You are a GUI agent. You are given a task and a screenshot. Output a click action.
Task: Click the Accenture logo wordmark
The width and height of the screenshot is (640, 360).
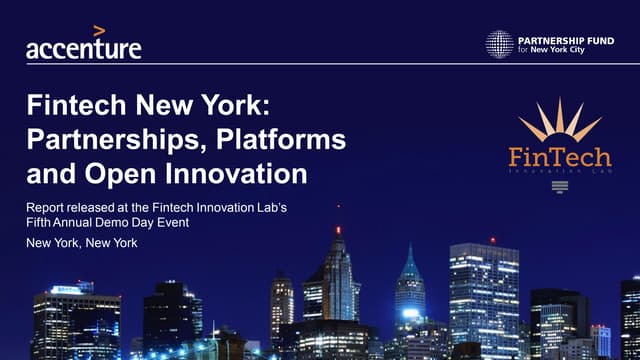83,47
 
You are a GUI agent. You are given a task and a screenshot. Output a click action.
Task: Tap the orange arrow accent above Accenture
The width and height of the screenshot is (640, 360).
100,31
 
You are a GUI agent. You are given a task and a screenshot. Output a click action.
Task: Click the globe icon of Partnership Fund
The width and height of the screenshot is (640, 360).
499,44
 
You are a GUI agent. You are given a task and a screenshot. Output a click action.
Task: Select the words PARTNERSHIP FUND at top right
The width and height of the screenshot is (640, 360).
564,38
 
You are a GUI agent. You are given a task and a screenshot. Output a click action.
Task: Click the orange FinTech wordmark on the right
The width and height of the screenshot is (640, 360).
559,157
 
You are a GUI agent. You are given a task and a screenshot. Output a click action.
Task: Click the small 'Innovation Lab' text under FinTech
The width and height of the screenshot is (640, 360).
559,174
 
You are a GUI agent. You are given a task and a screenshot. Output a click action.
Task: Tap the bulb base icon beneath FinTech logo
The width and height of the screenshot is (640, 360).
559,186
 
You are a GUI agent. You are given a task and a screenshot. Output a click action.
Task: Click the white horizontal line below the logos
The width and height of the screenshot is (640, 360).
320,64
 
